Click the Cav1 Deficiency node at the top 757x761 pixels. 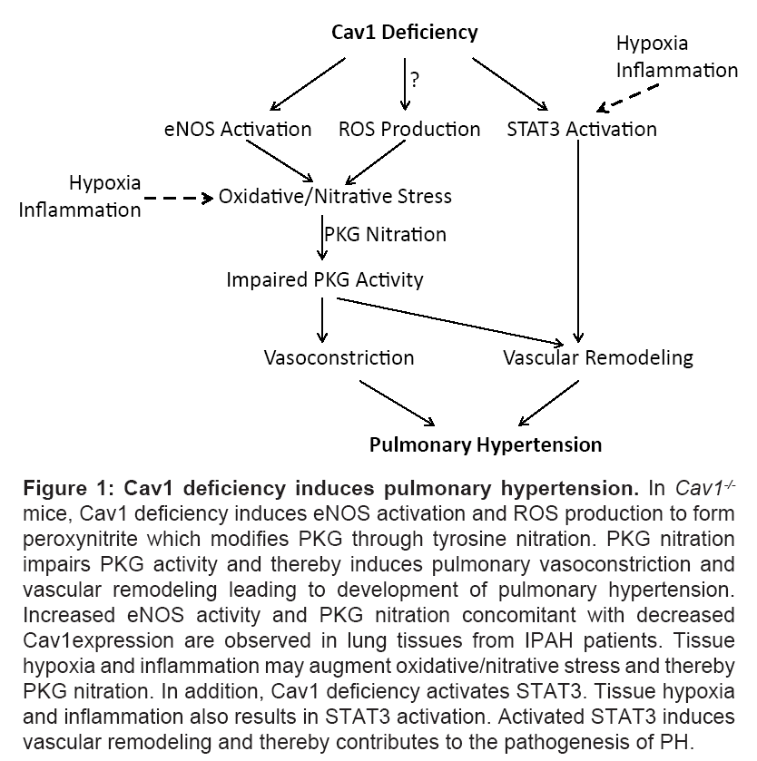pos(404,33)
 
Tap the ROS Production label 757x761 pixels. pos(409,129)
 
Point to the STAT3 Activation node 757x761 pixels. pos(582,129)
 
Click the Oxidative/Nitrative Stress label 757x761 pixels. pos(335,196)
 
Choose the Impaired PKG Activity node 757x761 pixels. pos(324,279)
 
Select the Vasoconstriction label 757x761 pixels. pos(339,357)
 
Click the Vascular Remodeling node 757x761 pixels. pos(597,357)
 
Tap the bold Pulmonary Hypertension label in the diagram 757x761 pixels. pos(485,444)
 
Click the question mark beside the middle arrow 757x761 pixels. pos(415,79)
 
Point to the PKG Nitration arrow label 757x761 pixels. pos(386,234)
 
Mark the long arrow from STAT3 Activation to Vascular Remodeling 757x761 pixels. pos(578,240)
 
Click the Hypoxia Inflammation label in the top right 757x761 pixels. pos(676,56)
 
